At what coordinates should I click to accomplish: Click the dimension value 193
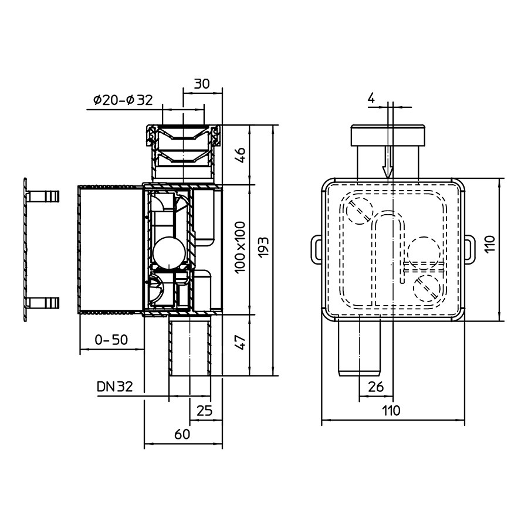[x=264, y=247]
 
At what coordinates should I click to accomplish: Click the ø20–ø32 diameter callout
[x=123, y=100]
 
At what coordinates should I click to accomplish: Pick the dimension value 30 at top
[x=202, y=83]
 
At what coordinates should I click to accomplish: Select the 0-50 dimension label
[x=111, y=340]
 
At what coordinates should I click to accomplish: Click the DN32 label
[x=115, y=387]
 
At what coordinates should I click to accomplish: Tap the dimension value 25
[x=204, y=411]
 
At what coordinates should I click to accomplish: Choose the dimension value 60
[x=182, y=434]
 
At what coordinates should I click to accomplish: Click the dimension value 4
[x=371, y=99]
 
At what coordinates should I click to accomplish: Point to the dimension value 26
[x=375, y=387]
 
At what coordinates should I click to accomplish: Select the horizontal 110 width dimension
[x=391, y=411]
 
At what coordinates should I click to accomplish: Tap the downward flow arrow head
[x=388, y=172]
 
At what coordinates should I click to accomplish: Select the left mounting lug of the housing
[x=316, y=249]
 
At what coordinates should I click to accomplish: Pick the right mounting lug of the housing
[x=469, y=249]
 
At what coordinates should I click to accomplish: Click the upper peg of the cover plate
[x=43, y=197]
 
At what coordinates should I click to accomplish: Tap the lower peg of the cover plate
[x=43, y=303]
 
